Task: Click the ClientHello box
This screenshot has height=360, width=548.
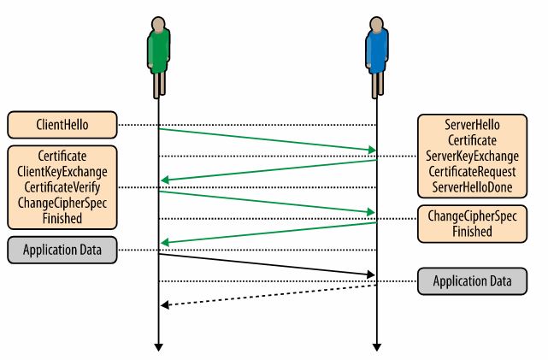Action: tap(62, 125)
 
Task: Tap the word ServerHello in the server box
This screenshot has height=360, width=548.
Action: tap(472, 125)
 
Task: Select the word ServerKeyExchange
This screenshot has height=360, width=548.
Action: tap(472, 156)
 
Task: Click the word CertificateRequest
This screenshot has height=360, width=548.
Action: tap(472, 172)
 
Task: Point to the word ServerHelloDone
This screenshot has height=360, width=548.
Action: tap(472, 187)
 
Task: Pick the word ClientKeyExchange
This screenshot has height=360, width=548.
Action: tap(62, 172)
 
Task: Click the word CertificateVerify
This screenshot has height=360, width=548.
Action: tap(62, 187)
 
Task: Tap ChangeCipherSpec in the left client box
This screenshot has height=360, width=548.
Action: tap(62, 203)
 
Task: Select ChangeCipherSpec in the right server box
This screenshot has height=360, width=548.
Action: tap(472, 216)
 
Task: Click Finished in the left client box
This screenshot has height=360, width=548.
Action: tap(62, 218)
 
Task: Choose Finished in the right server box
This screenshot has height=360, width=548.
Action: tap(472, 232)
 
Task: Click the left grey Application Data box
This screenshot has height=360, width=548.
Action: tap(62, 250)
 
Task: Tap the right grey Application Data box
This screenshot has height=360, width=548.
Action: tap(472, 281)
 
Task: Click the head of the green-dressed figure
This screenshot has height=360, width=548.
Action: tap(158, 25)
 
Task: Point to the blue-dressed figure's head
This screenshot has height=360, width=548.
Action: tap(376, 25)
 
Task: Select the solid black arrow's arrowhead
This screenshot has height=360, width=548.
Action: tap(371, 274)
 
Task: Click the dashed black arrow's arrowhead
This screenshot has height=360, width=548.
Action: tap(165, 304)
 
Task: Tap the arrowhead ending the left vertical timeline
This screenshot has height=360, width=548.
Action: tap(158, 347)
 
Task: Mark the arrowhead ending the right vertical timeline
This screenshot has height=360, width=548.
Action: tap(376, 347)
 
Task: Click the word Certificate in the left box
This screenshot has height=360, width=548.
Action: tap(62, 156)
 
